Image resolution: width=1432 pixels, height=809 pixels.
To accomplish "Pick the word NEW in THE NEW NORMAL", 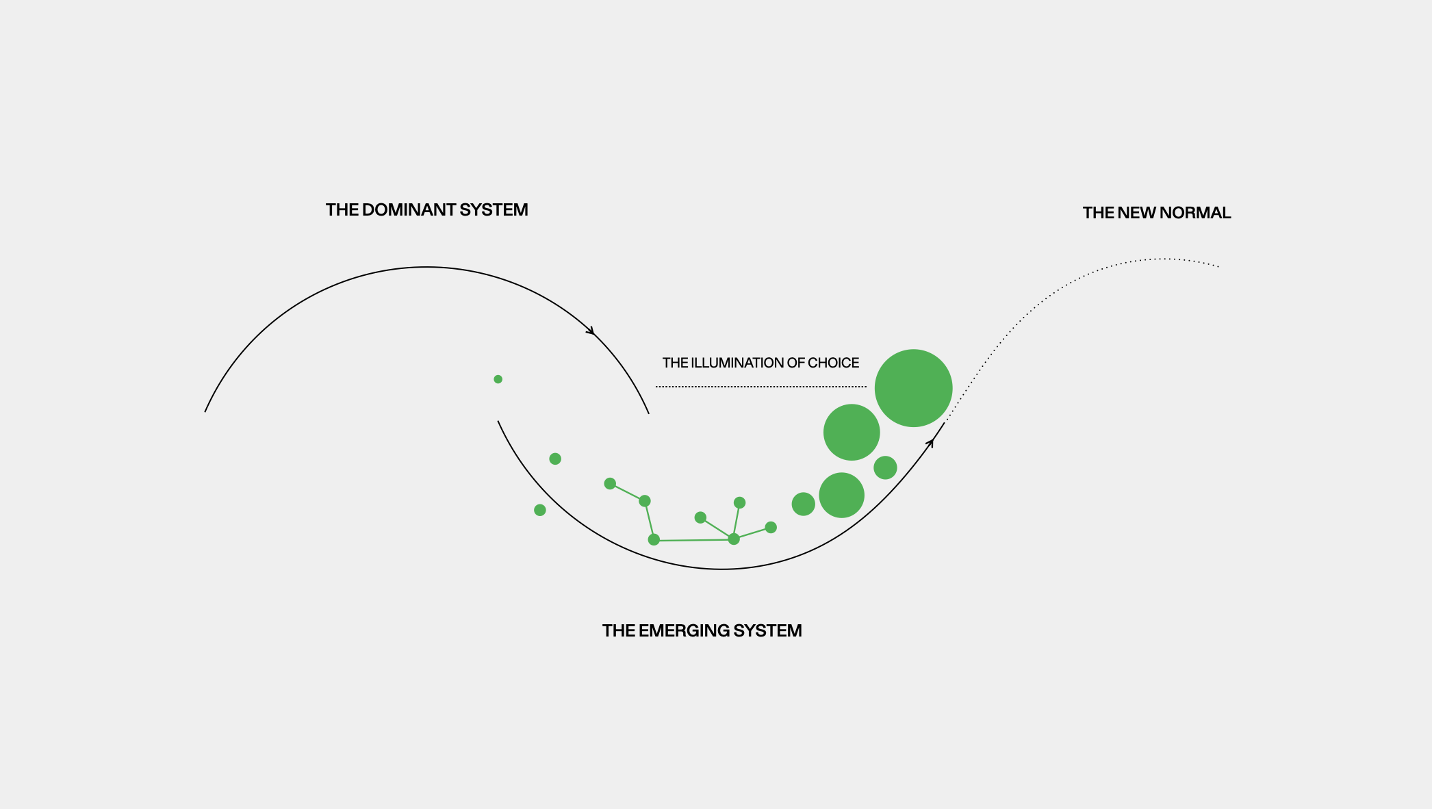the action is click(1136, 213).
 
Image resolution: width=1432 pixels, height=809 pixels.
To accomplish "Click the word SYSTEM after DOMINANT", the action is click(494, 210).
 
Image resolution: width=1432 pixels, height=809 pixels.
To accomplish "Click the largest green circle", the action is click(913, 388).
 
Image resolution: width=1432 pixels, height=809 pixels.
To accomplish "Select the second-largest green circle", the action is click(852, 432).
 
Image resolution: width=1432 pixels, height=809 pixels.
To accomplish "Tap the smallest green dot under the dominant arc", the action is click(498, 379).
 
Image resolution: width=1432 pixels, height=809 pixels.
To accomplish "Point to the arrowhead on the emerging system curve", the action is click(930, 444).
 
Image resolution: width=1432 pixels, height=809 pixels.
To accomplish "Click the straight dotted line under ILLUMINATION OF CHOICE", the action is click(760, 387).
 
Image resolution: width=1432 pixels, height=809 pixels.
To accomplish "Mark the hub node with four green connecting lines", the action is click(734, 539).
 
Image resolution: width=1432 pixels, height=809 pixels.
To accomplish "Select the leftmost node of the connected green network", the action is click(610, 484).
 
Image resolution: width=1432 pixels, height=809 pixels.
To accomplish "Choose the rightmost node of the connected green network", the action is click(771, 527).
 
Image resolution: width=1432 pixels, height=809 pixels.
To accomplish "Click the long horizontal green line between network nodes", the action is click(693, 540).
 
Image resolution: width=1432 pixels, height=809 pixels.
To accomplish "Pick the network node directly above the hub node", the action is click(739, 502).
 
